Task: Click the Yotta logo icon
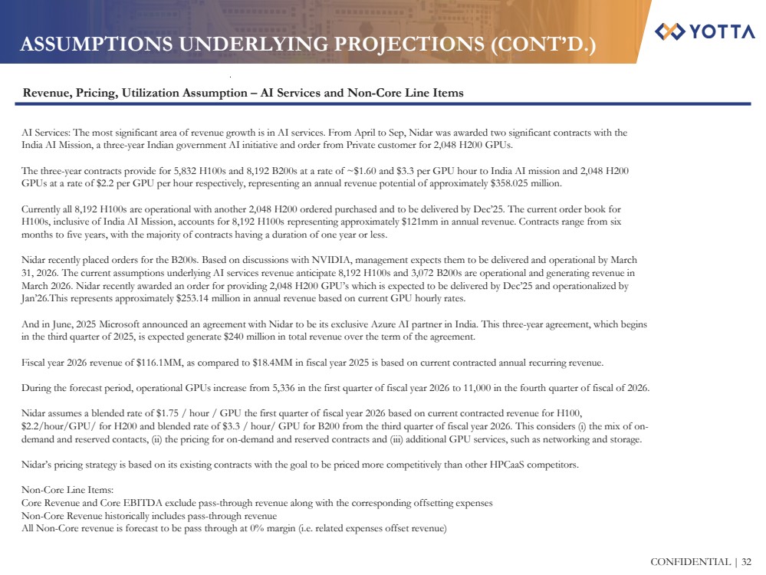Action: tap(668, 31)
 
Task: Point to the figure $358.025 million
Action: tap(524, 183)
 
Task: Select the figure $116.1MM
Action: tap(136, 362)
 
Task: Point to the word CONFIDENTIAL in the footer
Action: tap(689, 562)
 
